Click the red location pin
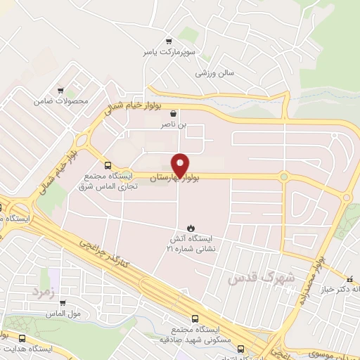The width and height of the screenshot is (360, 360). (x=180, y=163)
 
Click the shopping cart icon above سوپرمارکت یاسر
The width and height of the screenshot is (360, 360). (x=167, y=41)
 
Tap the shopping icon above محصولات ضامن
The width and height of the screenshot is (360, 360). (x=60, y=90)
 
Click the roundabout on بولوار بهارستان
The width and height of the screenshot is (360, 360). (x=284, y=176)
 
